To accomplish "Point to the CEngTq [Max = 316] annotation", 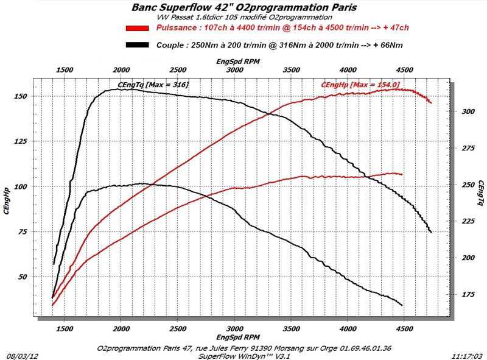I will tap(153, 84).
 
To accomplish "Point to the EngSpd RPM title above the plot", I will tap(239, 62).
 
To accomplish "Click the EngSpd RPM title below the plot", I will tap(239, 336).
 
